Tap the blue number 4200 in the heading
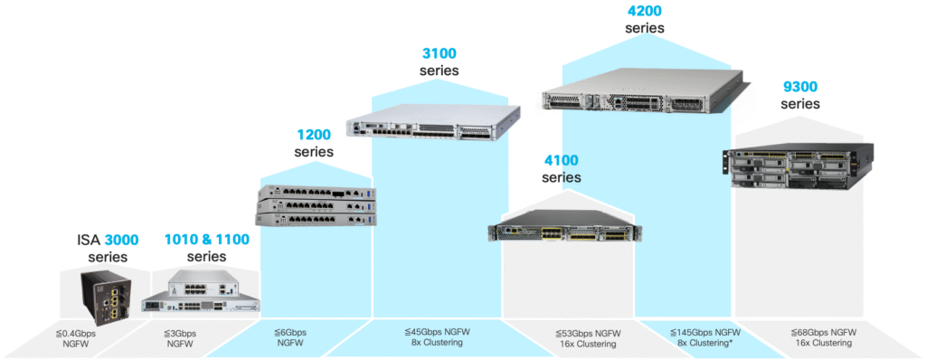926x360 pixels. [645, 11]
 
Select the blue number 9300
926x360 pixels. [799, 88]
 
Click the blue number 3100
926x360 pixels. [439, 53]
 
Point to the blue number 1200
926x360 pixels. [314, 135]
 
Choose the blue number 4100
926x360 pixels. [562, 161]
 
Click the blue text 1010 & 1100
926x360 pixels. [206, 240]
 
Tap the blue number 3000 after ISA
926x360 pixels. [122, 240]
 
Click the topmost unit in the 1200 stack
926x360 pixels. [313, 194]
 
